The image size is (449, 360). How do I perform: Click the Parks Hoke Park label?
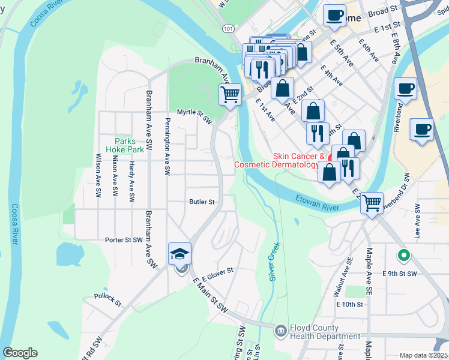124,145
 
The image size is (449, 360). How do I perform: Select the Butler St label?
202,202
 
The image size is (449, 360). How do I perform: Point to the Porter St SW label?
124,239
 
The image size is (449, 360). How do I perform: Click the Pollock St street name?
107,296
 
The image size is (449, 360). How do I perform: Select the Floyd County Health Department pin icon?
280,331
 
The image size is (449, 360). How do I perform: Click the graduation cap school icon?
179,254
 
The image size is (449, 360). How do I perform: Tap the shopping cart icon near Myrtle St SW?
229,94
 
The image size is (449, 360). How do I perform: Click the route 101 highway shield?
228,28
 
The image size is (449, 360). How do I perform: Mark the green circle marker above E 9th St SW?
405,255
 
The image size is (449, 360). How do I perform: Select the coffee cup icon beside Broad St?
335,15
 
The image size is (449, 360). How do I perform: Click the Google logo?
20,353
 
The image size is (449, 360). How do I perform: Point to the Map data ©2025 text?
423,355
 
